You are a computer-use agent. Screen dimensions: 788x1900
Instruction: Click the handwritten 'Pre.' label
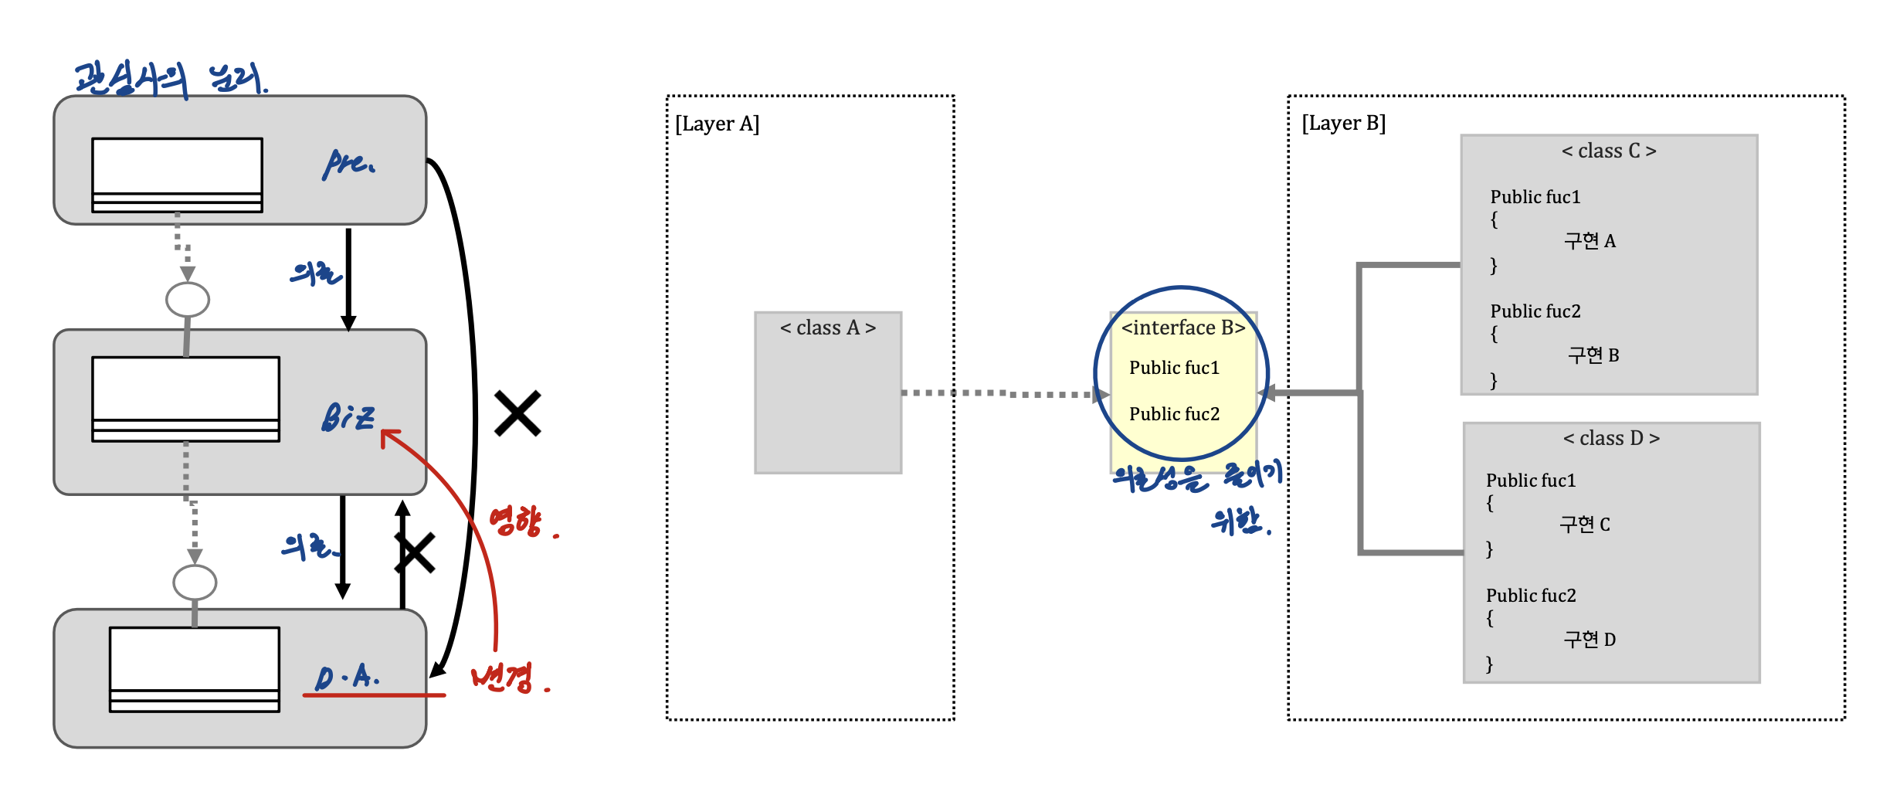(348, 163)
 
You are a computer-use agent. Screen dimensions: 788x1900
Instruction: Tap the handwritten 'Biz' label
(348, 417)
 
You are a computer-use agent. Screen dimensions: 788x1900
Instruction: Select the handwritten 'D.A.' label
(347, 678)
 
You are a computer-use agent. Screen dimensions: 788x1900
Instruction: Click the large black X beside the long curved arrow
(517, 413)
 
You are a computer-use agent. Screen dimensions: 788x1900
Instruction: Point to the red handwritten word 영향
(517, 521)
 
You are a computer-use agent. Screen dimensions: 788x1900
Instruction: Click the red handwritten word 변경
(503, 678)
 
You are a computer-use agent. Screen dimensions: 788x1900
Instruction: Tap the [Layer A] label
(717, 124)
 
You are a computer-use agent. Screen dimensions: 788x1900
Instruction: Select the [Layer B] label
(1343, 123)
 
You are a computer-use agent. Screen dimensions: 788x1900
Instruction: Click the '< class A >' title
(827, 328)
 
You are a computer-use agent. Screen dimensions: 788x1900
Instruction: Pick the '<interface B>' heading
(1182, 328)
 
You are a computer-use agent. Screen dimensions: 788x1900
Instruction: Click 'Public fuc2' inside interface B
(1174, 414)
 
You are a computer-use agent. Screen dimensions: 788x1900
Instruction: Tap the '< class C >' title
(1609, 151)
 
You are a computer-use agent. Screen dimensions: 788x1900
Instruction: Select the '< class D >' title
(1611, 438)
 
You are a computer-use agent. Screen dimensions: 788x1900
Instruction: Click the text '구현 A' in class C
(1590, 241)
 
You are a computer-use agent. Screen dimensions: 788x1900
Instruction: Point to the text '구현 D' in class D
(1590, 640)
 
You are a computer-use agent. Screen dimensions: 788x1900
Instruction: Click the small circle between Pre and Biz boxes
(188, 300)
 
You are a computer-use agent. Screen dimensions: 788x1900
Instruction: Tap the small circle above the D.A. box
(195, 583)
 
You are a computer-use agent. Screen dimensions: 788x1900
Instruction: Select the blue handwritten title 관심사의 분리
(170, 80)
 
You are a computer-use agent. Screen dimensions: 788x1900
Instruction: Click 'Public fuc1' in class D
(1530, 481)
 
